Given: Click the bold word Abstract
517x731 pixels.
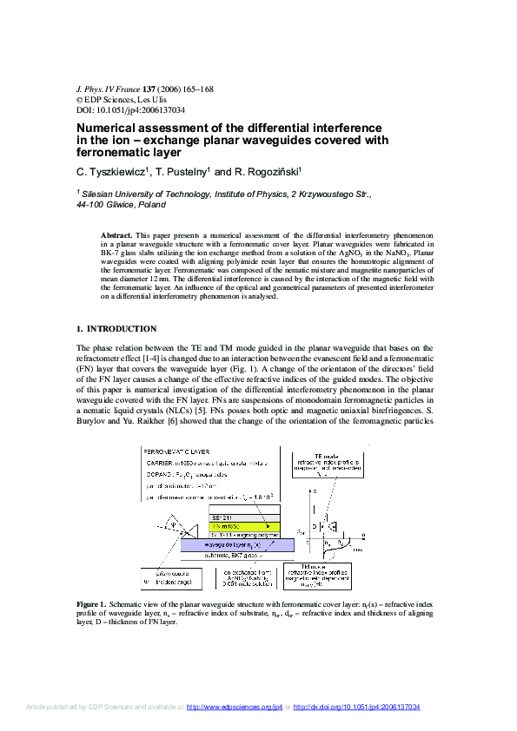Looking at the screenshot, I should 116,235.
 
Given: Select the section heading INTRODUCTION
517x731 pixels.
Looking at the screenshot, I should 123,329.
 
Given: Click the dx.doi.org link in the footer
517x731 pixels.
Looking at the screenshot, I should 356,708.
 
